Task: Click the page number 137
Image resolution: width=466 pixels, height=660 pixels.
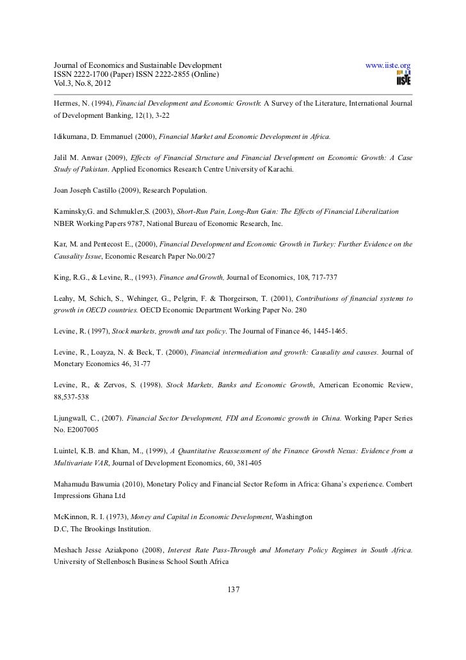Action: click(233, 589)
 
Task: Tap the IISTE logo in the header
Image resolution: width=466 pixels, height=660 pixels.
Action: click(403, 79)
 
